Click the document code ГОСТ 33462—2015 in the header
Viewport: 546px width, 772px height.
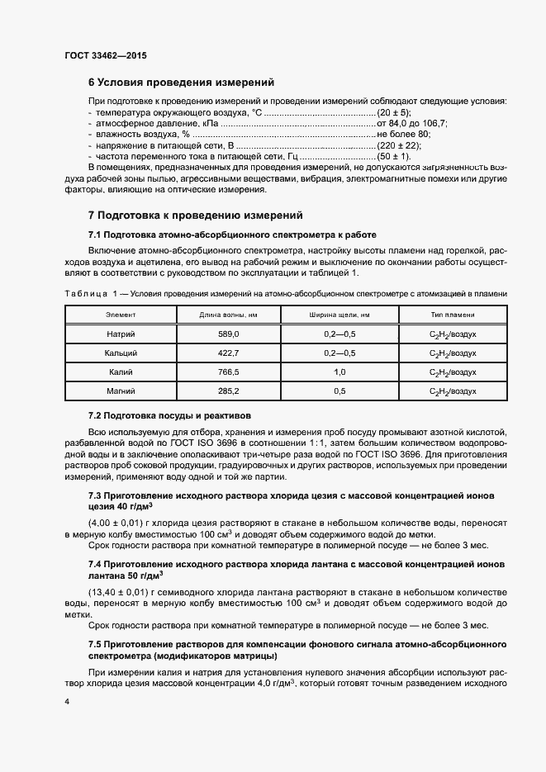[x=106, y=55]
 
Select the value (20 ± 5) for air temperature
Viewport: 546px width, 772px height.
[x=393, y=112]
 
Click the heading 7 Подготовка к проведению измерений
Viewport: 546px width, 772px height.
[x=197, y=215]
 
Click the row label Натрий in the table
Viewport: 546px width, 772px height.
[x=121, y=334]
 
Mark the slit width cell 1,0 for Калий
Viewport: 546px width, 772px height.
[x=339, y=372]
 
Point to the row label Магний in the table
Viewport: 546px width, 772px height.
[x=121, y=391]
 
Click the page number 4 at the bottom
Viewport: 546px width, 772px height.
[x=67, y=701]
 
